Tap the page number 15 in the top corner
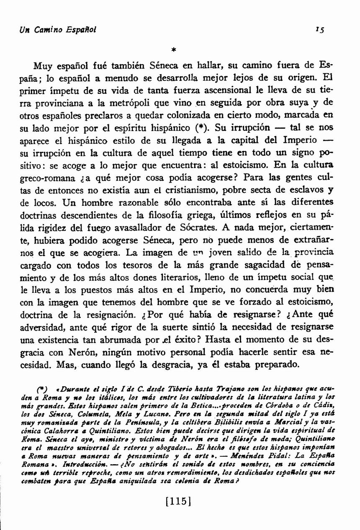(x=322, y=30)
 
